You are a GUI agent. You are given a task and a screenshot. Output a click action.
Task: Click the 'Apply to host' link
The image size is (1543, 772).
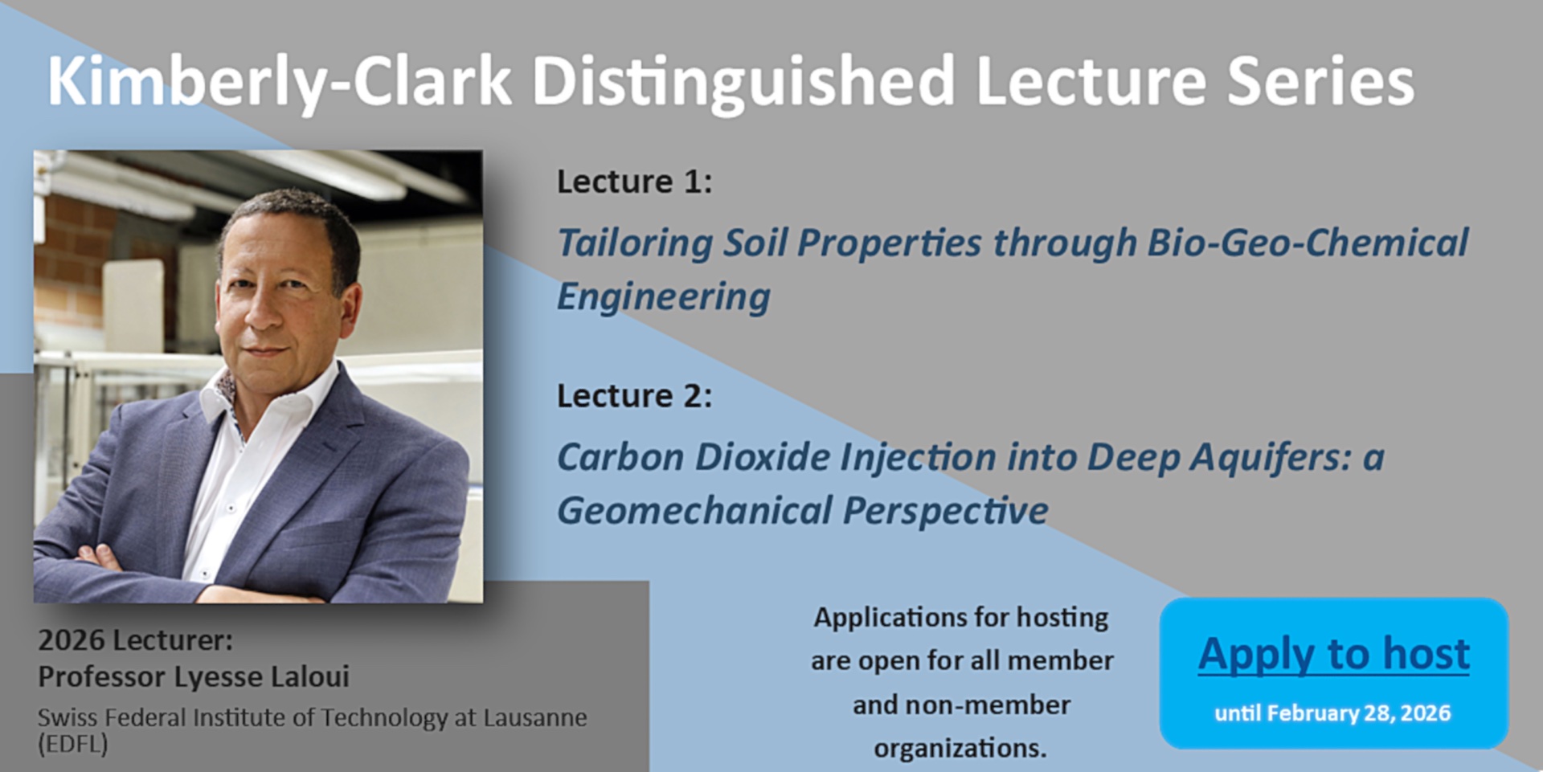1334,653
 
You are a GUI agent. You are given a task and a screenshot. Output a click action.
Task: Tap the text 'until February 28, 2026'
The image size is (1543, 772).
1332,713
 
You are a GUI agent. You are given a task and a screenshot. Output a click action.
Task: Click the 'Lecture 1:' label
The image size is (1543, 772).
635,182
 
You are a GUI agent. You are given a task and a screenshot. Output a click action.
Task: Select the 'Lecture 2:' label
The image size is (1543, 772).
635,395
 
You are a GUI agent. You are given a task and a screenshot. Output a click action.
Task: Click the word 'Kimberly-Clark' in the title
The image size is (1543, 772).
280,82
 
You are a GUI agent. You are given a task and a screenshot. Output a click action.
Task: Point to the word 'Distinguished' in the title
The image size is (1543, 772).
743,82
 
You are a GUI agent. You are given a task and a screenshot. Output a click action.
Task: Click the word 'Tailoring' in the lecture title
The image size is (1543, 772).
635,243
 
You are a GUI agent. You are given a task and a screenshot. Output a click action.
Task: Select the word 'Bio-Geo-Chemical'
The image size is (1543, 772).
1308,242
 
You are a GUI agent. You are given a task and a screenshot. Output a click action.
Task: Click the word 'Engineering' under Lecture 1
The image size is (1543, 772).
664,297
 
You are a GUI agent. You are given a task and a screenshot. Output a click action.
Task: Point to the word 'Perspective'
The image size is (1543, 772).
946,511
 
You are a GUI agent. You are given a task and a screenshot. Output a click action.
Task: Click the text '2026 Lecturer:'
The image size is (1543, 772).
135,640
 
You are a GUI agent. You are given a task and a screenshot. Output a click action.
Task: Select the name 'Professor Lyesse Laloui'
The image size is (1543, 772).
194,676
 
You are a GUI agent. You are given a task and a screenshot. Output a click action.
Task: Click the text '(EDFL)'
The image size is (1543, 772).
72,744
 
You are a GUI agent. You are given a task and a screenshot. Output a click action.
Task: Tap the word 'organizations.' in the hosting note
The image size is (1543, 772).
960,748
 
